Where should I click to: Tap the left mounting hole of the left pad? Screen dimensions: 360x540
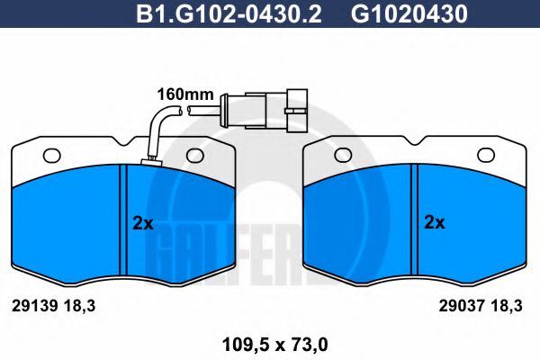51,154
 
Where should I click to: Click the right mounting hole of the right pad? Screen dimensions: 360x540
486,154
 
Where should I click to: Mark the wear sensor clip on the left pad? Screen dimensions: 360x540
149,163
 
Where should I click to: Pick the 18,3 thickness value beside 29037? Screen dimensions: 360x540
504,306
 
